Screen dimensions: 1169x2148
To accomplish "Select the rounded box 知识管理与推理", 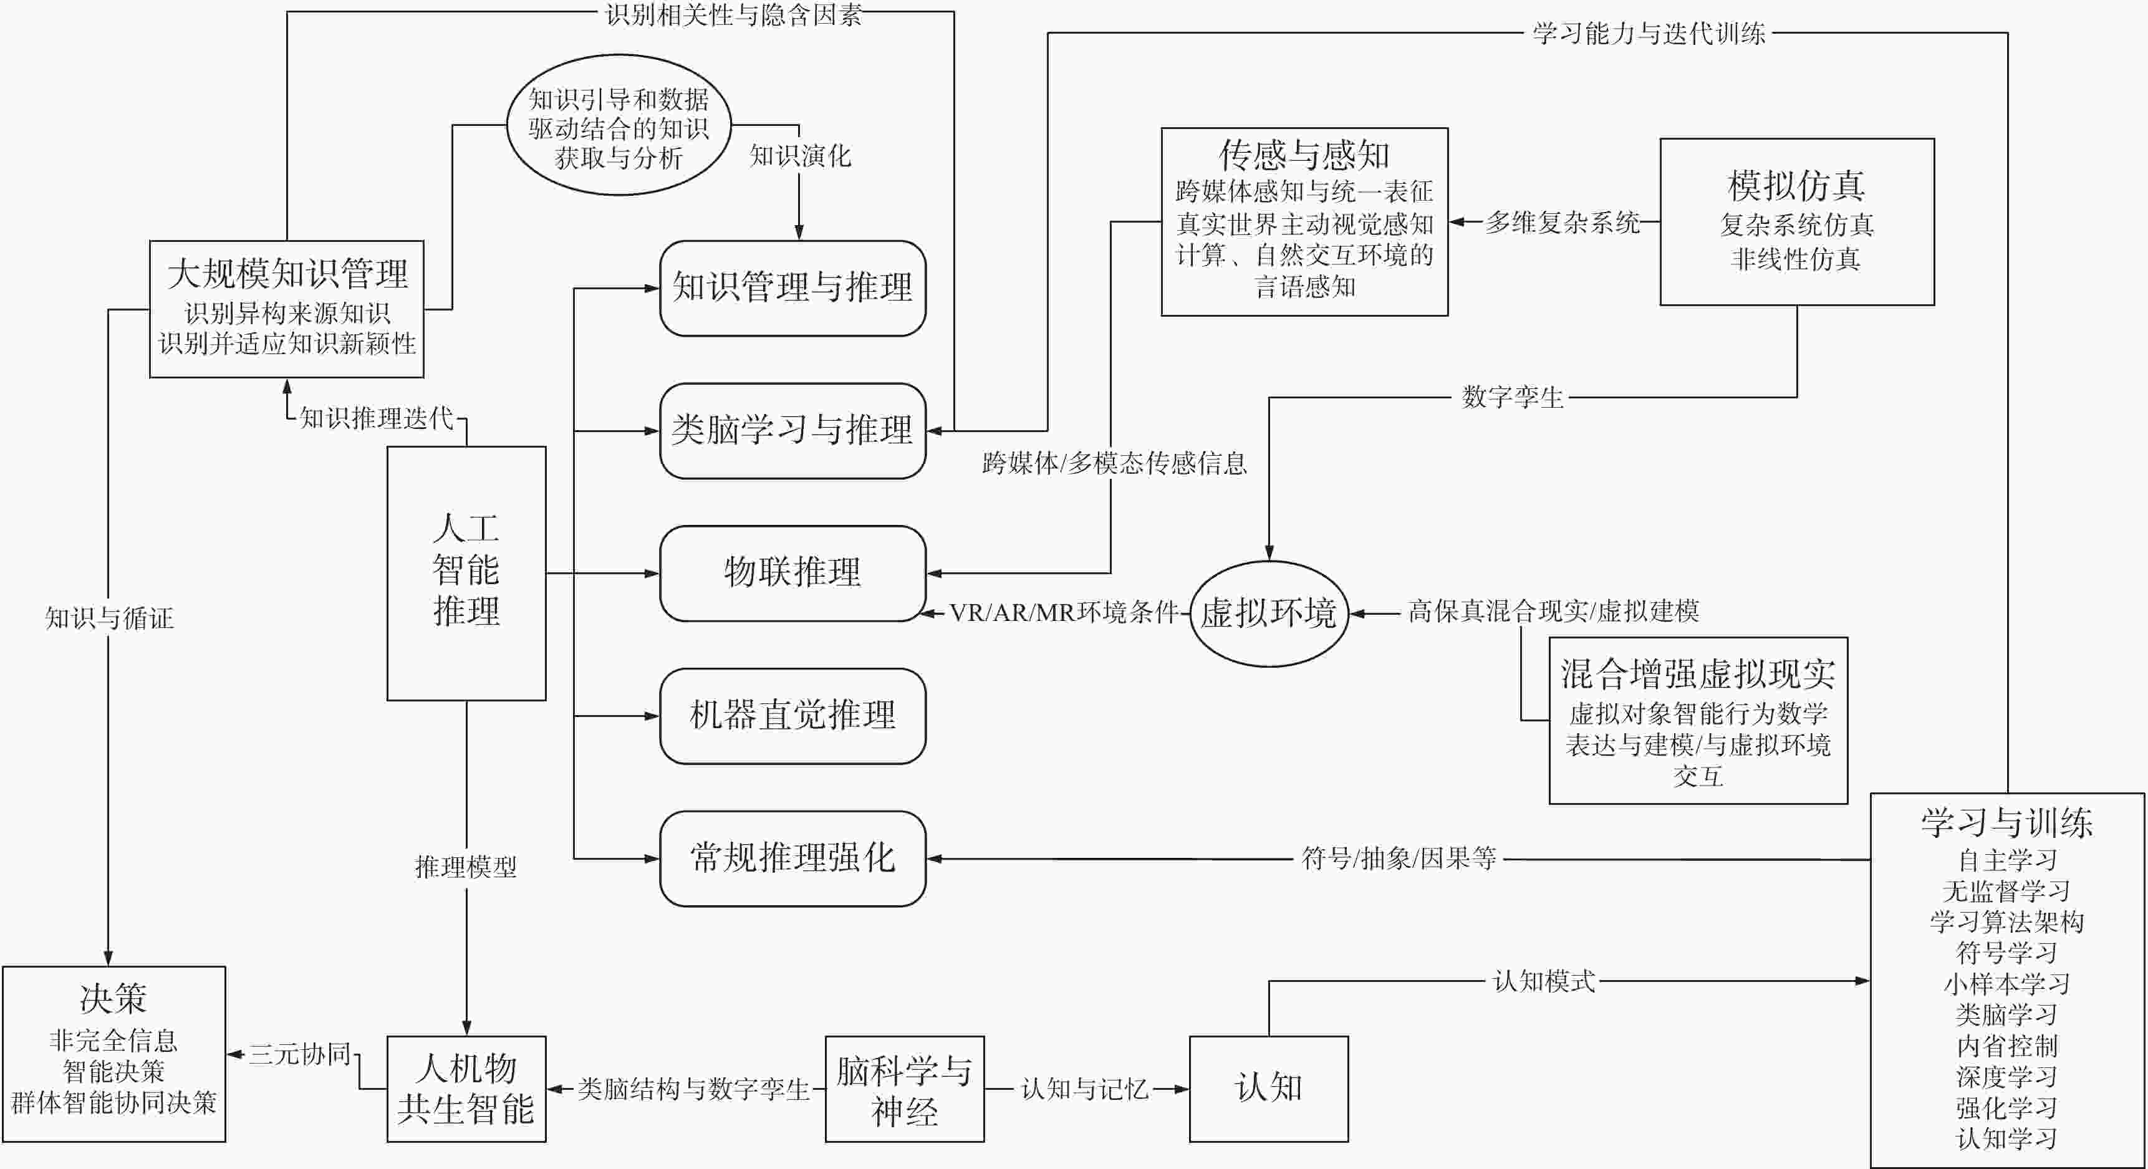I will (792, 287).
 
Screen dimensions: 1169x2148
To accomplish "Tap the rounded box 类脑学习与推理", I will (792, 430).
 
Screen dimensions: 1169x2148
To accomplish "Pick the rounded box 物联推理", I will (792, 573).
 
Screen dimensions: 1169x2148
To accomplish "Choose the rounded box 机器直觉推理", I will (792, 715).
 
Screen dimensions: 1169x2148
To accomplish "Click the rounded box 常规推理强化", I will (792, 858).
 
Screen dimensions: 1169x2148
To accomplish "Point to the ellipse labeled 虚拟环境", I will (1268, 613).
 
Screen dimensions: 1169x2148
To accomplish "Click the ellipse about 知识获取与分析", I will (619, 126).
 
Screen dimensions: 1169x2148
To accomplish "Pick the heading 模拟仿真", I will (1796, 185).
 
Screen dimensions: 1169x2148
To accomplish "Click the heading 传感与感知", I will (1304, 155).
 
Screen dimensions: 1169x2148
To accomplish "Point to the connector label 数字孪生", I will (1512, 397).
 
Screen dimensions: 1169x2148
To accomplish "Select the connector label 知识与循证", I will (109, 618).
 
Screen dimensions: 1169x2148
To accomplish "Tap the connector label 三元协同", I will (299, 1054).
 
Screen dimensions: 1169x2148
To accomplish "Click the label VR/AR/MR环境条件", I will (1063, 613).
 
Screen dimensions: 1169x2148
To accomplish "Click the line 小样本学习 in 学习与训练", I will (2006, 984).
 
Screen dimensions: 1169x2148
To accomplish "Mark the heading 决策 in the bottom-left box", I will (113, 998).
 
